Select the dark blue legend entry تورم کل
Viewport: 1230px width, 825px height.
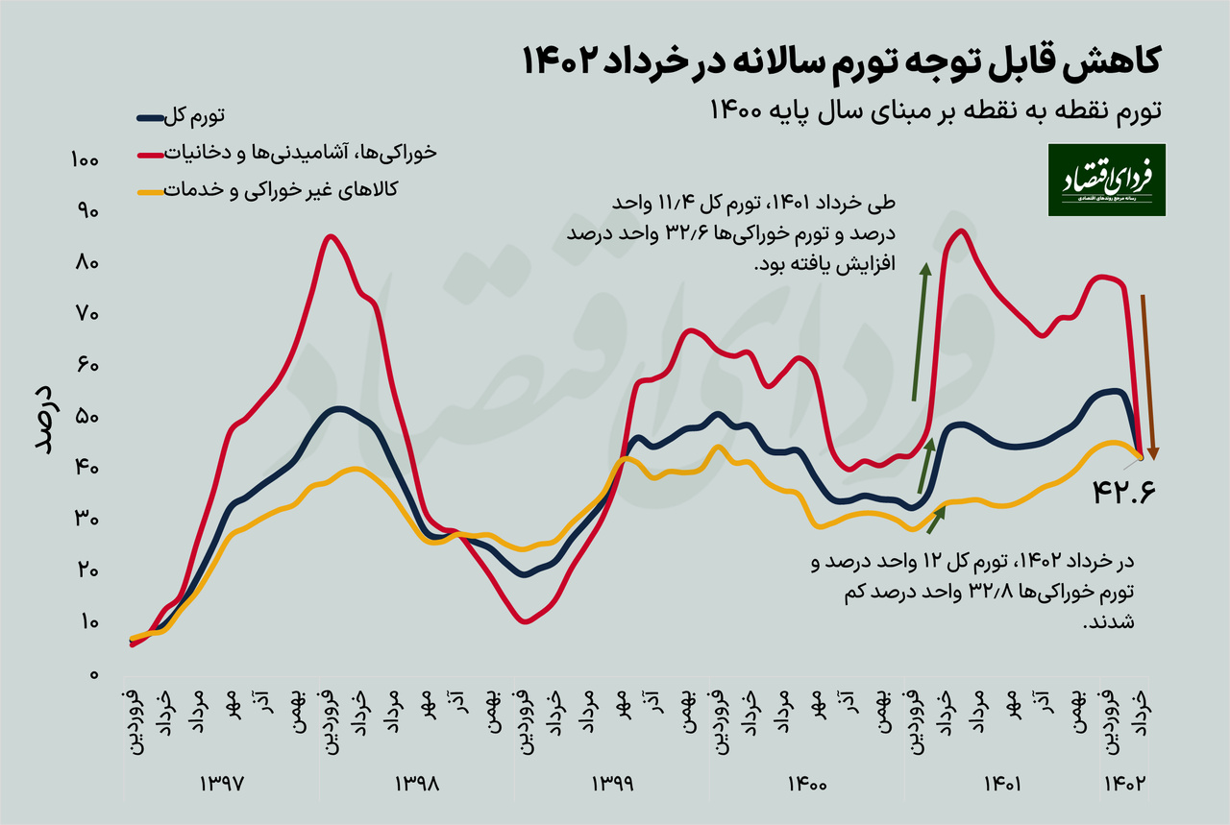click(x=182, y=117)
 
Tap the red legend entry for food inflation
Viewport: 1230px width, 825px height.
click(x=288, y=152)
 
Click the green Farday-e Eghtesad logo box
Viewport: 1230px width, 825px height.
click(x=1106, y=180)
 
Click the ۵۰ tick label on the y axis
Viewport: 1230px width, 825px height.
click(x=86, y=418)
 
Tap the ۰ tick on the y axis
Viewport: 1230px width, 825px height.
click(x=95, y=675)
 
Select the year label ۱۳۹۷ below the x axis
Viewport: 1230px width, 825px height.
click(x=223, y=783)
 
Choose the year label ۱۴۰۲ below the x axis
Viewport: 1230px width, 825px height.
click(x=1124, y=783)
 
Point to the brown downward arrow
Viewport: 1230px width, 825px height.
click(x=1148, y=375)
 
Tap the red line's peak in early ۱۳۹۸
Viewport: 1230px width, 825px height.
click(x=330, y=236)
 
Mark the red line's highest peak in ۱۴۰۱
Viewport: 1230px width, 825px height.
click(x=961, y=231)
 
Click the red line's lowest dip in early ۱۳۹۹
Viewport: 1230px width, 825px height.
click(x=525, y=621)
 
